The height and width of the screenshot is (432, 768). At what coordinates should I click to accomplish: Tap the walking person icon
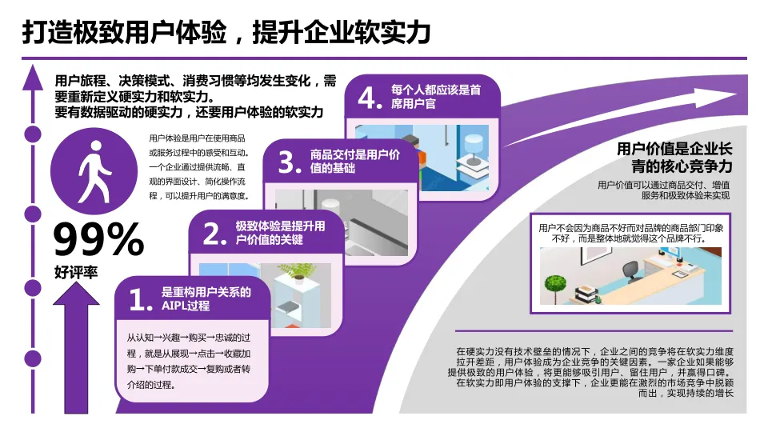(x=92, y=171)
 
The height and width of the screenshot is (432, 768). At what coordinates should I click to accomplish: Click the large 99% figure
(x=98, y=239)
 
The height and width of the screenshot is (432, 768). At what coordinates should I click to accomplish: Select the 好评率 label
(x=76, y=272)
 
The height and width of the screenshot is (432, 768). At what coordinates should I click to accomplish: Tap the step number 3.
(x=287, y=162)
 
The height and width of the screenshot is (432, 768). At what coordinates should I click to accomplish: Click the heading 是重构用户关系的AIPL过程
(x=206, y=298)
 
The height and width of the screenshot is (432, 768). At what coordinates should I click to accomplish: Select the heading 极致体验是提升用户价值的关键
(x=280, y=234)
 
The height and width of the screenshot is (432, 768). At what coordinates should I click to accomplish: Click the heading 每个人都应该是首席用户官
(x=435, y=97)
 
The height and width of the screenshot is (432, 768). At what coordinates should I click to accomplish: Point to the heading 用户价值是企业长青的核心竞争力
(x=674, y=158)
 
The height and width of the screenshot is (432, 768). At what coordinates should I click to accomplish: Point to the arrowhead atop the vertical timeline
(x=33, y=77)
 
